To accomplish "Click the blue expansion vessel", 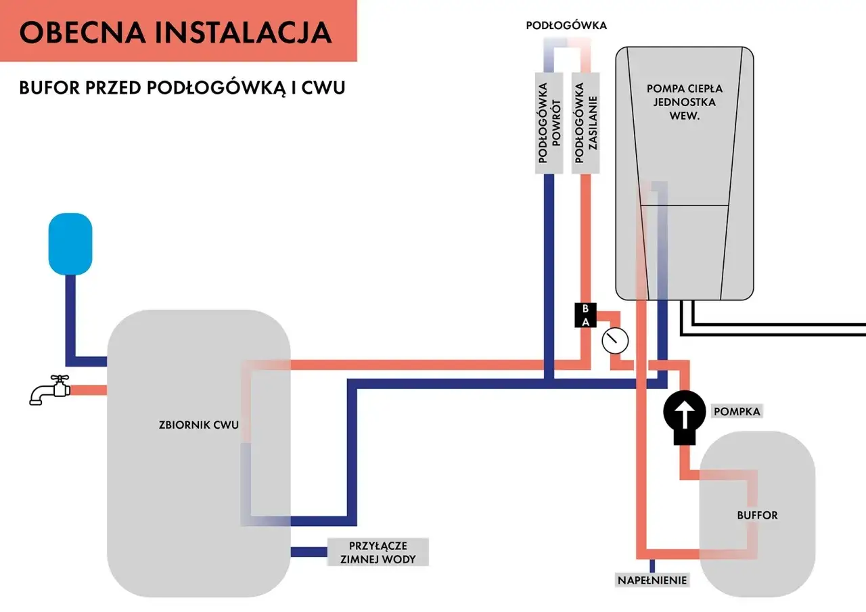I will coord(70,244).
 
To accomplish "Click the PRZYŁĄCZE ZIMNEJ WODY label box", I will coord(378,552).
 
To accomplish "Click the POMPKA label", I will coord(737,411).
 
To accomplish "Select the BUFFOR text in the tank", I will coord(757,515).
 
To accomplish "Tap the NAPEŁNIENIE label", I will coord(652,580).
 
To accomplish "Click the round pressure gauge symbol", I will coord(614,340).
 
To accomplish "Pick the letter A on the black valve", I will coord(586,322).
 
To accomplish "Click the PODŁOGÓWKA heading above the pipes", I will coord(566,26).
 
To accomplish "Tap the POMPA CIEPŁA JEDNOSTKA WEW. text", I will coord(684,102).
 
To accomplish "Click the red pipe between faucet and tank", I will coord(89,390).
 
